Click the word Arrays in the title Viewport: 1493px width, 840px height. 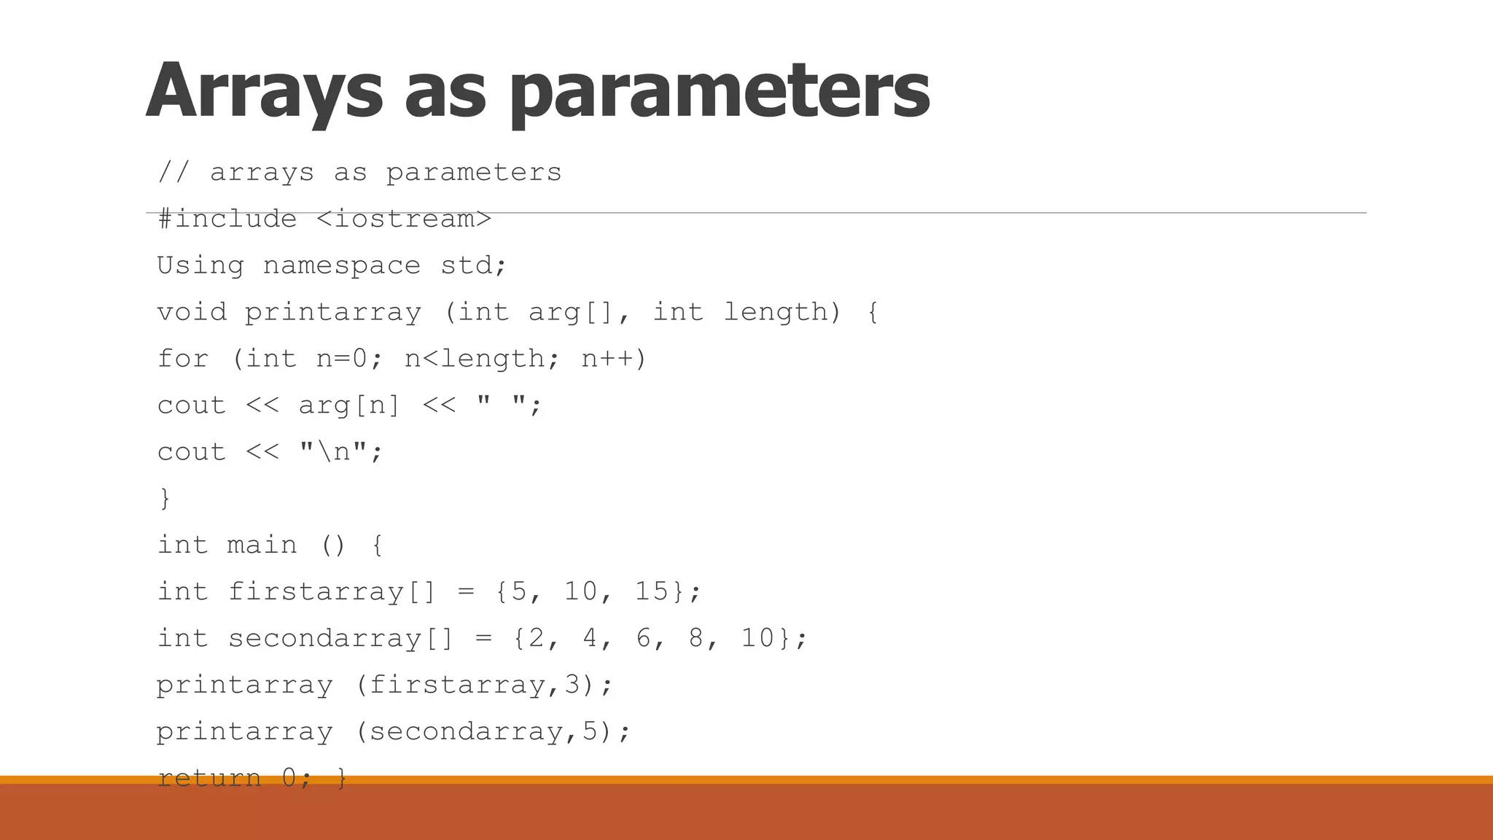coord(264,91)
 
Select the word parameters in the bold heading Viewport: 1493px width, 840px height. coord(719,91)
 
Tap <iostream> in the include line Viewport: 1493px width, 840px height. coord(405,219)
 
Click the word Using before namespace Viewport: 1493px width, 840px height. coord(200,265)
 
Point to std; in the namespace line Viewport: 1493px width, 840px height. coord(473,265)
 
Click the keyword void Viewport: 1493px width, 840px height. coord(192,312)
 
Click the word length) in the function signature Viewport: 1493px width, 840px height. coord(782,312)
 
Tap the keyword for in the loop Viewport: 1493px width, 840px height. coord(183,359)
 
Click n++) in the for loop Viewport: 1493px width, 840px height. coord(614,359)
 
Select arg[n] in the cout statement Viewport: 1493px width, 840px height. coord(349,405)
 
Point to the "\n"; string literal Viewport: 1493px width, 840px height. coord(340,452)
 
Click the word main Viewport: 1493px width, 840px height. coord(262,545)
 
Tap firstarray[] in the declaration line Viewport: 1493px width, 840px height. coord(332,591)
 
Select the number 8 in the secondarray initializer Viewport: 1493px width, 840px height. coord(696,638)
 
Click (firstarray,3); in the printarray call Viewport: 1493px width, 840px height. coord(485,685)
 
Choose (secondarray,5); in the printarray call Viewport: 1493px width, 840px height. coord(494,731)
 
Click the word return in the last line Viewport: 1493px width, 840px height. coord(209,777)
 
